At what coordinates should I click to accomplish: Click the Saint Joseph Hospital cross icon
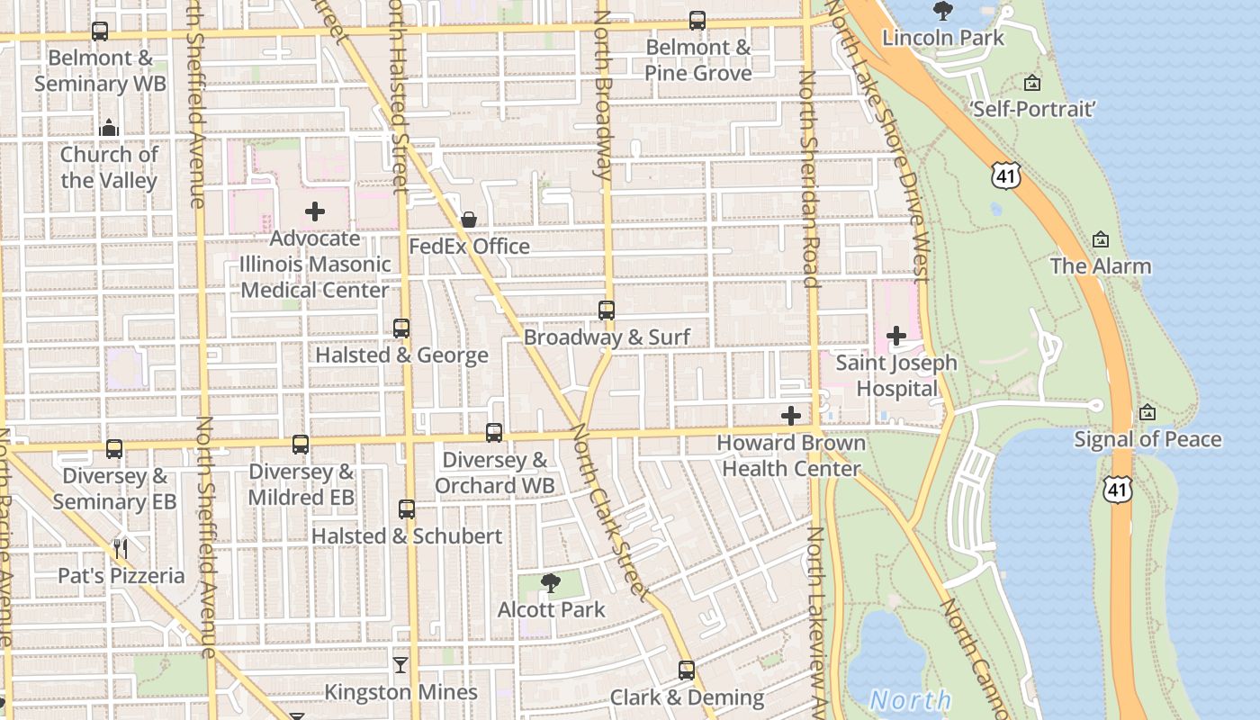[x=896, y=336]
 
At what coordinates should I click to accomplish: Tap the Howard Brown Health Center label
[x=791, y=455]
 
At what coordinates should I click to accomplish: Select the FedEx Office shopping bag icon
[x=469, y=220]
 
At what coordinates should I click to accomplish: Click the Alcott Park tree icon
[x=550, y=583]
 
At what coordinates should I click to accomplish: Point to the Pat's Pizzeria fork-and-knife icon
[x=121, y=549]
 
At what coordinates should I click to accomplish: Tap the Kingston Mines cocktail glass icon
[x=400, y=665]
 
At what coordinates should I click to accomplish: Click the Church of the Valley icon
[x=109, y=128]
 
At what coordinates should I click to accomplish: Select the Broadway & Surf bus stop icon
[x=607, y=310]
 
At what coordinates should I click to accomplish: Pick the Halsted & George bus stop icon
[x=401, y=328]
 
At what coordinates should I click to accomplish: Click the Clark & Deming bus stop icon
[x=687, y=670]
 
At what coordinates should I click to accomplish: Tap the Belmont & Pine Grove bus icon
[x=697, y=21]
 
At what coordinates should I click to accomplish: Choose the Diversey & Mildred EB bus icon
[x=301, y=445]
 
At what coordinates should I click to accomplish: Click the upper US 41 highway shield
[x=1005, y=175]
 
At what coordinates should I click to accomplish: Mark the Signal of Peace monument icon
[x=1147, y=413]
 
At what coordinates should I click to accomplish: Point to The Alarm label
[x=1101, y=266]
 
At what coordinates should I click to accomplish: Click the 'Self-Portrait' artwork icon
[x=1032, y=84]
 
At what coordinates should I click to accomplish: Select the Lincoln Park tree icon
[x=943, y=11]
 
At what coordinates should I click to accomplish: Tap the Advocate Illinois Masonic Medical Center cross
[x=315, y=212]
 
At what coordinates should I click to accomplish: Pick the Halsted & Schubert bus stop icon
[x=407, y=509]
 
